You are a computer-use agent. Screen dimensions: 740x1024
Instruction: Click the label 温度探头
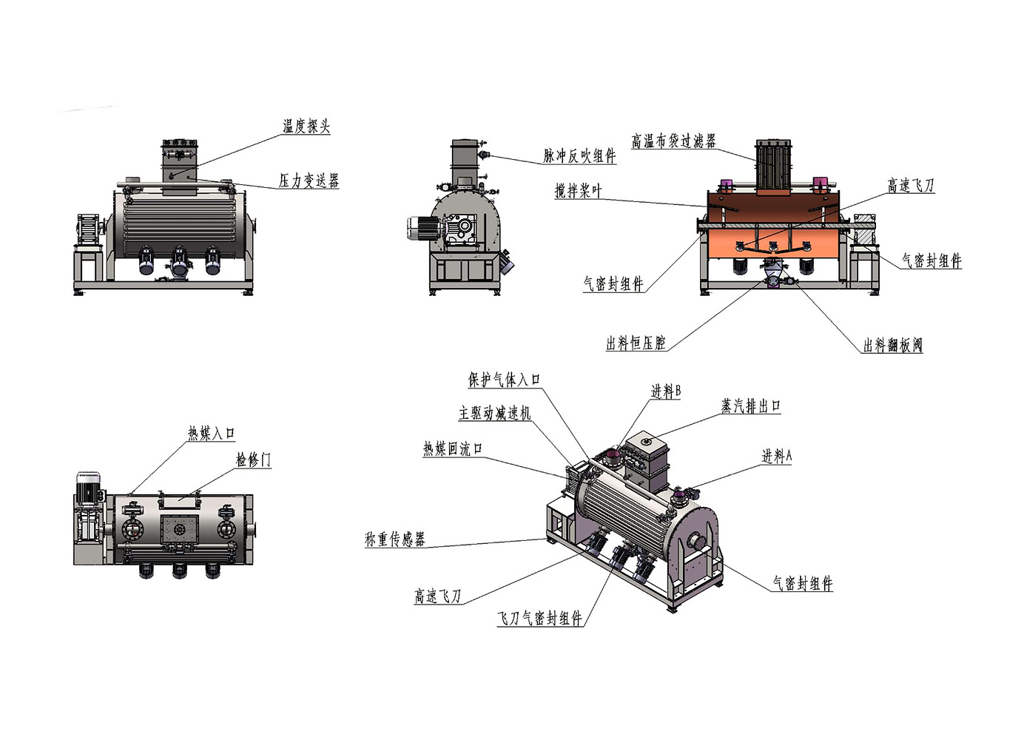[x=306, y=127]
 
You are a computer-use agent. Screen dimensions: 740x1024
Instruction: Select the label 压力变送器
[x=309, y=181]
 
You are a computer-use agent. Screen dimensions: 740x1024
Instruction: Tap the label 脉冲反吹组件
[x=579, y=155]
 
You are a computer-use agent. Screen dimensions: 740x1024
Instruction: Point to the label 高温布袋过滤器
[x=673, y=141]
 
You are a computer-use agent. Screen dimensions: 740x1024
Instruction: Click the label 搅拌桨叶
[x=579, y=191]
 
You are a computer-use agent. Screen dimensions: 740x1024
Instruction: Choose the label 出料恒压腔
[x=636, y=343]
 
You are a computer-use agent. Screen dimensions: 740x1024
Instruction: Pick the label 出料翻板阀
[x=892, y=346]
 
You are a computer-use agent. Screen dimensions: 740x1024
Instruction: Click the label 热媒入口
[x=211, y=434]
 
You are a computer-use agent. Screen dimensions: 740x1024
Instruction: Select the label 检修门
[x=253, y=460]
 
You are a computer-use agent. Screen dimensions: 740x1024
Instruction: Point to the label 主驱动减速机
[x=494, y=413]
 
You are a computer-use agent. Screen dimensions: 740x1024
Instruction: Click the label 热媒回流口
[x=452, y=449]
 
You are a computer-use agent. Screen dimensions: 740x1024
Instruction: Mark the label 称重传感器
[x=394, y=539]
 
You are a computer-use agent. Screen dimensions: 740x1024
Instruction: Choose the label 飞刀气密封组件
[x=539, y=619]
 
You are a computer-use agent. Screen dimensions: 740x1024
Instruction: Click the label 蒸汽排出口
[x=750, y=406]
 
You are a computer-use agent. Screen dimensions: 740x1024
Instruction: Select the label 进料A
[x=776, y=457]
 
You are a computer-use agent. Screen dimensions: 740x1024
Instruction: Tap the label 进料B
[x=665, y=391]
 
